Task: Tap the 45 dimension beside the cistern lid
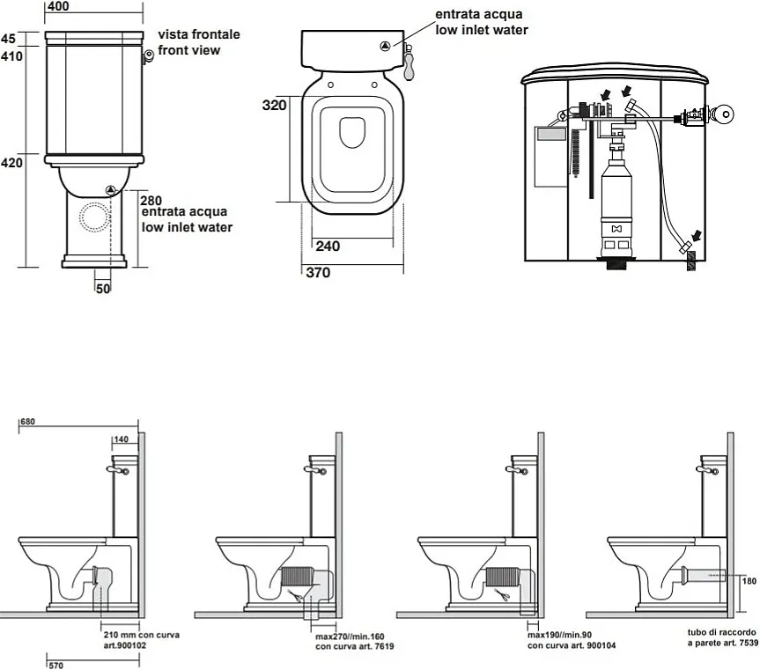tap(8, 38)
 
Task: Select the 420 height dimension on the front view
tap(11, 163)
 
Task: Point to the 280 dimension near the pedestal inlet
tap(151, 200)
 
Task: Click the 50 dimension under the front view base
tap(104, 288)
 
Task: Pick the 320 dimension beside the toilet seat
tap(276, 105)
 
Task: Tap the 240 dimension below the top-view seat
tap(327, 247)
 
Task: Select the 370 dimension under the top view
tap(318, 273)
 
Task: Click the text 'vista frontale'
tap(198, 34)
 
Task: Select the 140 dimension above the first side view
tap(122, 439)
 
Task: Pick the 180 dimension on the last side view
tap(749, 581)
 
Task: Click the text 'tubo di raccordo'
tap(721, 632)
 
